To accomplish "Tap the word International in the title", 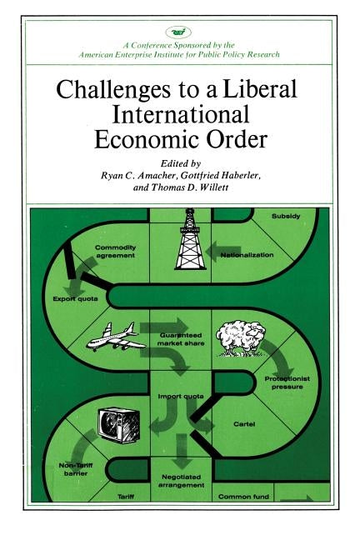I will tap(180, 115).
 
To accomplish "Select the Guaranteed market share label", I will tap(180, 336).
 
